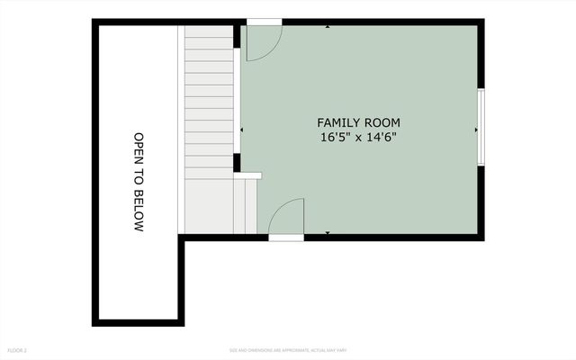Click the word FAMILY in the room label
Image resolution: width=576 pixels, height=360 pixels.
pyautogui.click(x=337, y=122)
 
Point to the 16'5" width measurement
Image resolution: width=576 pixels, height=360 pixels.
pyautogui.click(x=336, y=138)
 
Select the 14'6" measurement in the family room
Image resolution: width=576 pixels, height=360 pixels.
pyautogui.click(x=382, y=138)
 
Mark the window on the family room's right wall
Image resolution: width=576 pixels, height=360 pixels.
pyautogui.click(x=481, y=128)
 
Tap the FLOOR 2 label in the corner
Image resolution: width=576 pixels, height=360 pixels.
pyautogui.click(x=18, y=349)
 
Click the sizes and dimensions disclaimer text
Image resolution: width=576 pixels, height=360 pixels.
pyautogui.click(x=287, y=349)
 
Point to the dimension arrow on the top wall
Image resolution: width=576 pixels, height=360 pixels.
pyautogui.click(x=327, y=26)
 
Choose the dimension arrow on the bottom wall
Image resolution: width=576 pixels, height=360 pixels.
pyautogui.click(x=327, y=233)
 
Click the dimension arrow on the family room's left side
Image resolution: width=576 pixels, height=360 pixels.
pyautogui.click(x=241, y=130)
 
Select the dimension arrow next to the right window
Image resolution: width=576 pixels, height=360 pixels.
pyautogui.click(x=474, y=130)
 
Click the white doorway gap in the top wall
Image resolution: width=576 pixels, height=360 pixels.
pyautogui.click(x=264, y=22)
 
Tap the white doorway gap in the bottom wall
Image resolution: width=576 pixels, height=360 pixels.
pyautogui.click(x=286, y=238)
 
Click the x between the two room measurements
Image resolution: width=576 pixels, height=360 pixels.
pyautogui.click(x=358, y=138)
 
